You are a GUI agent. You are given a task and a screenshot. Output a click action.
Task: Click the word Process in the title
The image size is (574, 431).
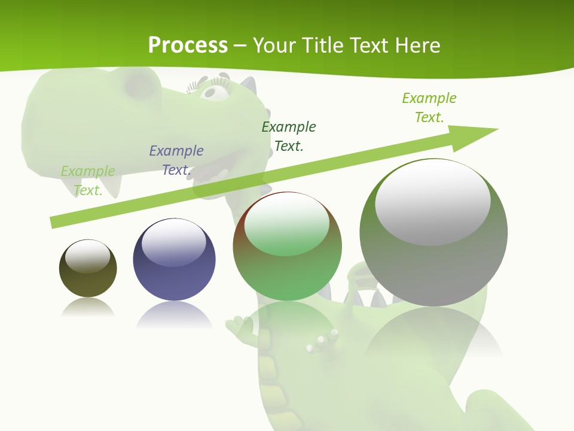[x=188, y=45]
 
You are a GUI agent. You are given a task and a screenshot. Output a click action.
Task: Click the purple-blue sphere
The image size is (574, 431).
[x=174, y=260]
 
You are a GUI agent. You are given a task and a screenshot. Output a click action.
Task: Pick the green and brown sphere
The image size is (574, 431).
[x=287, y=247]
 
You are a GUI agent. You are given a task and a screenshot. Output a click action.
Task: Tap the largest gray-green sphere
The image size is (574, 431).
[x=433, y=233]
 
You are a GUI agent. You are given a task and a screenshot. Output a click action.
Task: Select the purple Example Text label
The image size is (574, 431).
[x=176, y=160]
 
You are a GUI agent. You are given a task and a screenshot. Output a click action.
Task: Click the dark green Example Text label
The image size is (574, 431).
[x=289, y=136]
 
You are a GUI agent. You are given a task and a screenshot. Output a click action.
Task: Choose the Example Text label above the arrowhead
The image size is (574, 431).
[x=429, y=107]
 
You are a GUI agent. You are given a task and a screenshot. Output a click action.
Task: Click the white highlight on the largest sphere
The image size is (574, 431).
[x=432, y=201]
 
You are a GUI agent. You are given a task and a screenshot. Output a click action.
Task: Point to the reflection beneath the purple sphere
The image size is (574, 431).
[x=174, y=314]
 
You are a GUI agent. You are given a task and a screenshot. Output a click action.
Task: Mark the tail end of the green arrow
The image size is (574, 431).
[x=54, y=223]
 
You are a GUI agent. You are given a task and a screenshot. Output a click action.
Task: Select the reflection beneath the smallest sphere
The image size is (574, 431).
[x=88, y=308]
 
